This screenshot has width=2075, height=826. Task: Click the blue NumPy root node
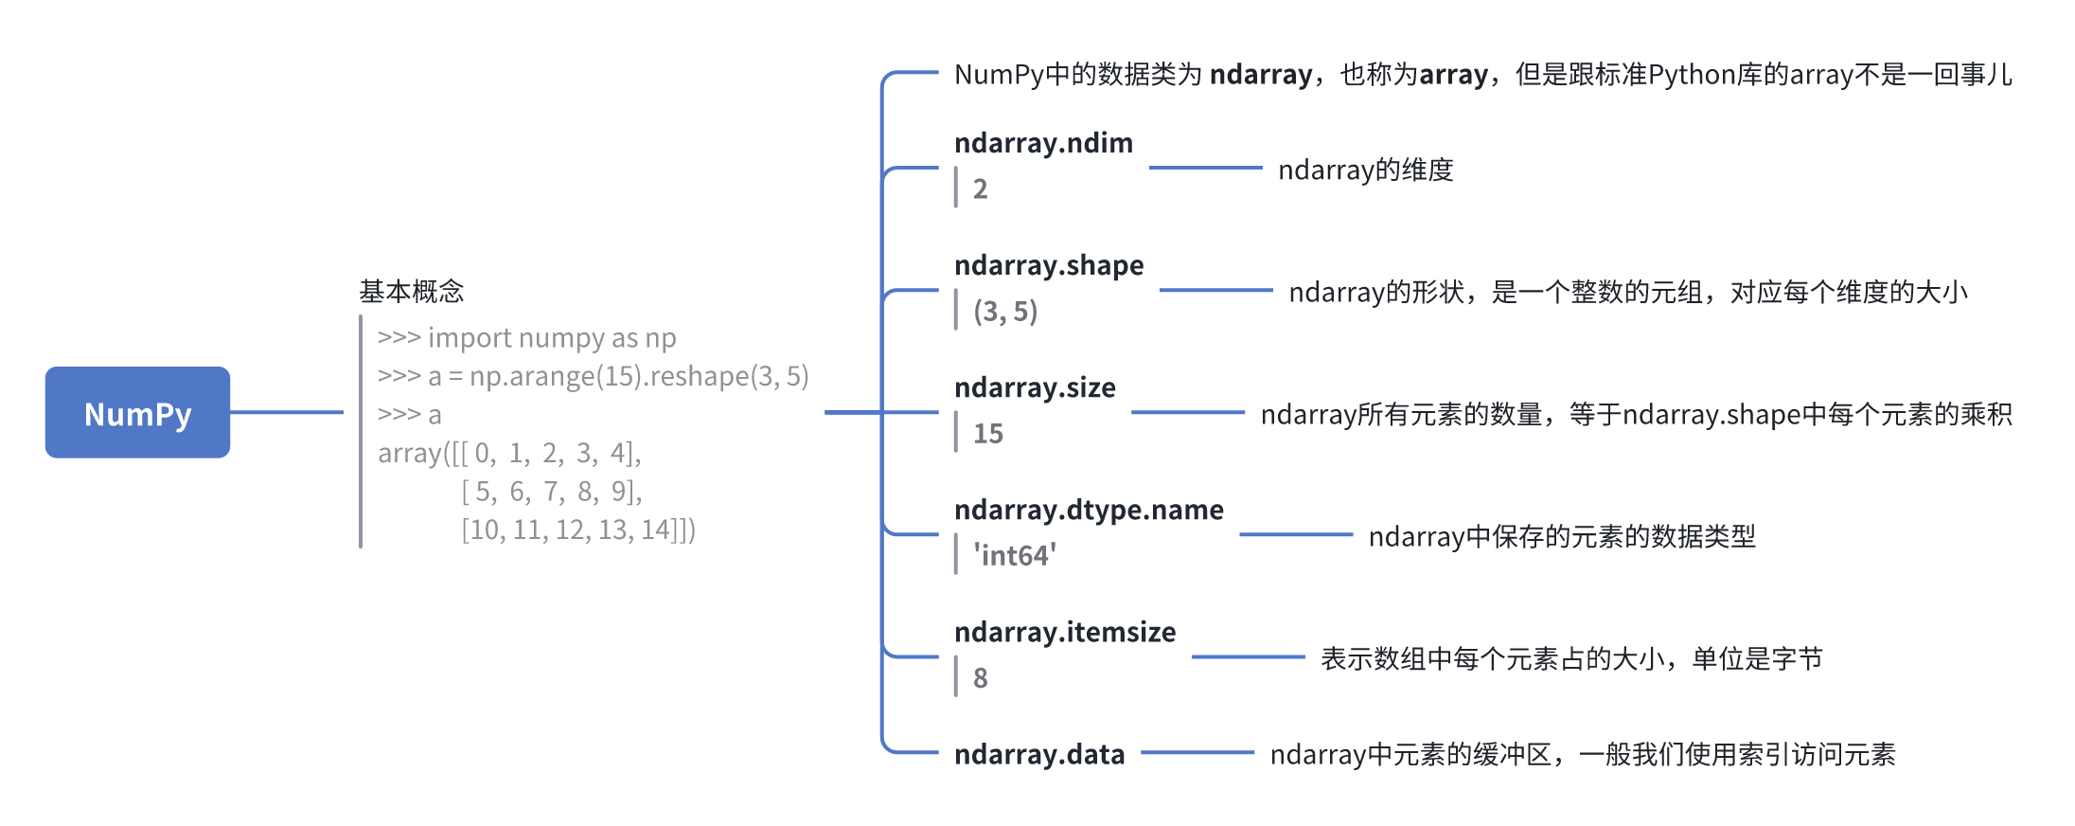pyautogui.click(x=137, y=413)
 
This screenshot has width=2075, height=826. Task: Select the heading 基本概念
pyautogui.click(x=411, y=291)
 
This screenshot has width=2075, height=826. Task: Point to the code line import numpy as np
pyautogui.click(x=526, y=338)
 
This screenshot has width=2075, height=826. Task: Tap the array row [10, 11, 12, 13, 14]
pyautogui.click(x=577, y=530)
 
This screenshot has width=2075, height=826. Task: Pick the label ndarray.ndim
pyautogui.click(x=1043, y=143)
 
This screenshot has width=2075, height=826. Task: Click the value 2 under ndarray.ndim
pyautogui.click(x=980, y=189)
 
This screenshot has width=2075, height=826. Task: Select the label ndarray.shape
pyautogui.click(x=1049, y=265)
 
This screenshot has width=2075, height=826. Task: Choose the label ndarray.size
pyautogui.click(x=1035, y=387)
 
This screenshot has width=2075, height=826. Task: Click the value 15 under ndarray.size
pyautogui.click(x=987, y=434)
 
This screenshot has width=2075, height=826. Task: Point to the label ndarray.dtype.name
pyautogui.click(x=1089, y=510)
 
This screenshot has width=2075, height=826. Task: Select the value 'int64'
pyautogui.click(x=1014, y=556)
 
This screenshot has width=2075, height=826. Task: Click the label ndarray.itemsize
pyautogui.click(x=1065, y=632)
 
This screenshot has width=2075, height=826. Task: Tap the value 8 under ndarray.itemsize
pyautogui.click(x=980, y=678)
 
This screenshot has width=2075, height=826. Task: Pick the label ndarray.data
pyautogui.click(x=1039, y=754)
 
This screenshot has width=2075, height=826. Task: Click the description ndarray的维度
pyautogui.click(x=1365, y=170)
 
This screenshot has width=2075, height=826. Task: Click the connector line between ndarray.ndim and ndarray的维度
pyautogui.click(x=1205, y=168)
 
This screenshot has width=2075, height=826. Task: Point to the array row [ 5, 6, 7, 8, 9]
pyautogui.click(x=551, y=492)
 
